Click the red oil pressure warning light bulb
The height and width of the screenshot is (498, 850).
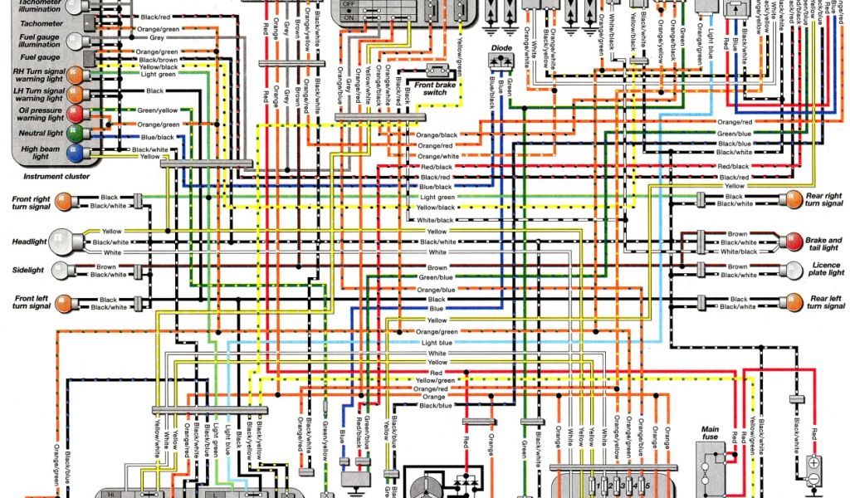coord(75,114)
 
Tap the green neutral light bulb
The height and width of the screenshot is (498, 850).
coord(75,133)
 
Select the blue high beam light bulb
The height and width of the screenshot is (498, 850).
coord(75,152)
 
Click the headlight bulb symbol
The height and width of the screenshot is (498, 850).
coord(61,242)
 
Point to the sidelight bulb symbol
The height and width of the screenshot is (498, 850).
coord(59,271)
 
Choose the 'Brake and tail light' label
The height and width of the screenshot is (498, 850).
coord(824,244)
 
